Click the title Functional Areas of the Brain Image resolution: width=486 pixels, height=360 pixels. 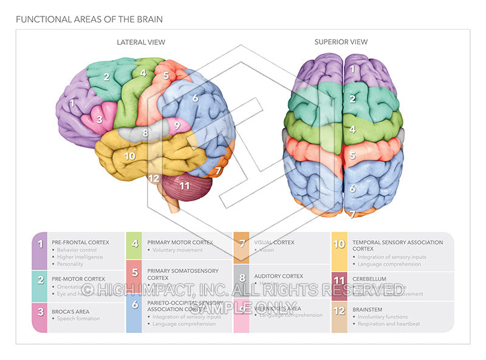89,19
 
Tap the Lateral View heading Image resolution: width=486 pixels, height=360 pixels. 141,42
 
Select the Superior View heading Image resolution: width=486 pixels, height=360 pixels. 341,42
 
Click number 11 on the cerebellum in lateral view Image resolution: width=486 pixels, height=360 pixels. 185,185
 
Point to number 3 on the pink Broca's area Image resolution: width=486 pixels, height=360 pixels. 100,119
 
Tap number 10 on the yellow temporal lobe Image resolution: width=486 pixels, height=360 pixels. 129,156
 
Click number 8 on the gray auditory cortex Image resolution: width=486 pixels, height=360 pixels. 145,132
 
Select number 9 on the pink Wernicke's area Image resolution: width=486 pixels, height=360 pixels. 177,126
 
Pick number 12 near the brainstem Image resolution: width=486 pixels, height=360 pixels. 154,178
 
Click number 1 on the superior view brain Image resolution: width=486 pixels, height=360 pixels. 352,69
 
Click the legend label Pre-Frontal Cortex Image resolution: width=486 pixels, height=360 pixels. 80,242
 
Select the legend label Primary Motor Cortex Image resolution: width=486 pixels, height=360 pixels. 180,242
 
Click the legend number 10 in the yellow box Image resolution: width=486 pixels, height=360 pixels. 340,245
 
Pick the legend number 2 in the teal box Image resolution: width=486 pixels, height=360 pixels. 40,280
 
